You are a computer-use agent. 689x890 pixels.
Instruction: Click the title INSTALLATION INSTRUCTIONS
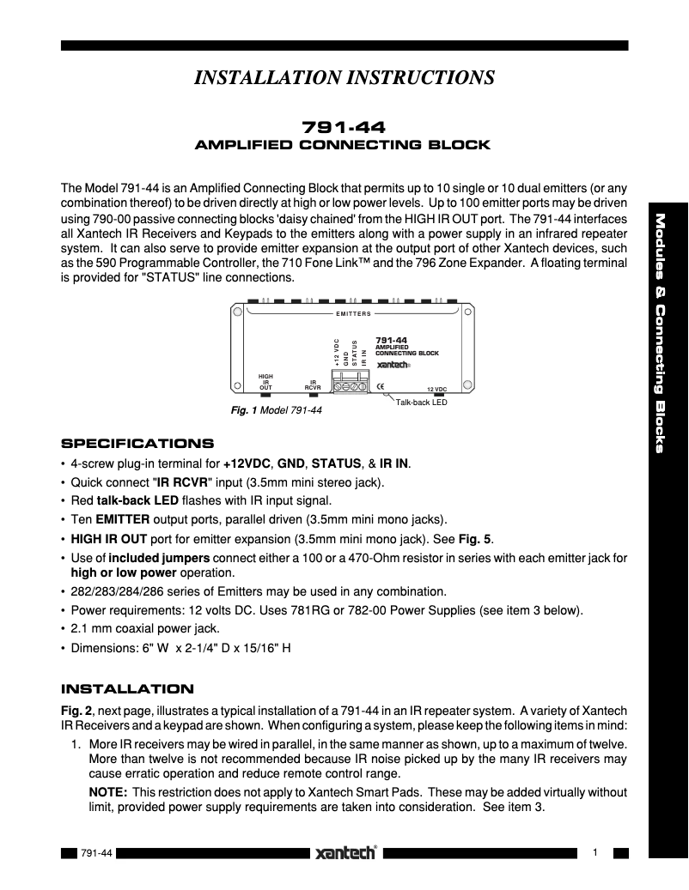tap(344, 78)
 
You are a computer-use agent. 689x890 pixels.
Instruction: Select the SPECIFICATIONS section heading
tap(137, 444)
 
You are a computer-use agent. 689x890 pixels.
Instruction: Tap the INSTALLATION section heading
tap(127, 688)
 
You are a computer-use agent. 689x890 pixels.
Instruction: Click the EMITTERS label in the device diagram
tap(353, 314)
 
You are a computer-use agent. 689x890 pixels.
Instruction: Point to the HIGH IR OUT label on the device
tap(265, 382)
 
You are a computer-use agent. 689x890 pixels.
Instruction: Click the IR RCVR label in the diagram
tap(314, 384)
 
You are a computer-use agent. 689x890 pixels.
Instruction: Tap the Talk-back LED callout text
tap(421, 402)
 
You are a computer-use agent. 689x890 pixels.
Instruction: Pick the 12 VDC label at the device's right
tap(437, 389)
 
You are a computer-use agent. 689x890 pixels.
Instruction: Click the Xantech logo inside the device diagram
tap(394, 364)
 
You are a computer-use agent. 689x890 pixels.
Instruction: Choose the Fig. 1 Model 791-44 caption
tap(277, 411)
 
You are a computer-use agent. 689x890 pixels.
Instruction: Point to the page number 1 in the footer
tap(594, 852)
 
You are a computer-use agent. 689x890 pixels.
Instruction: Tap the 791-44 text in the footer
tap(95, 853)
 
